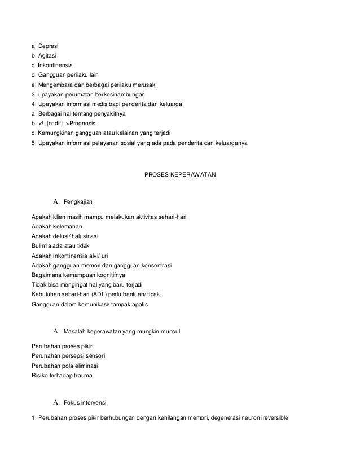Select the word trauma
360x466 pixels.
pyautogui.click(x=82, y=375)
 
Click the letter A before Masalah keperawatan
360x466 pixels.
pyautogui.click(x=56, y=330)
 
